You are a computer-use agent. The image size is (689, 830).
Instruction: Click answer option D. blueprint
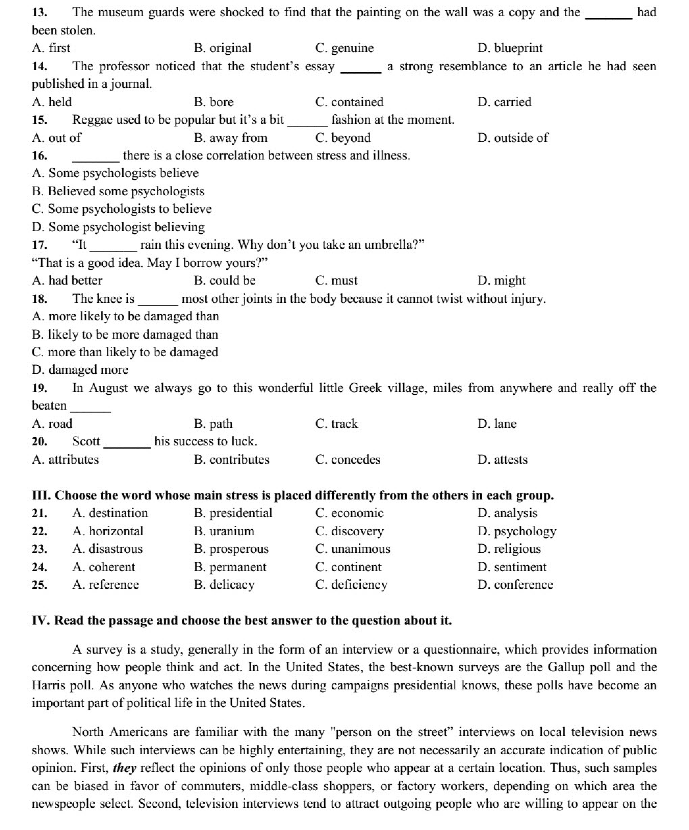pos(510,48)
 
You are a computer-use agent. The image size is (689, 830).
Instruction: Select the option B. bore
pos(213,102)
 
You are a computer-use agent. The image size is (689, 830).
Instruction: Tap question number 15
pos(40,120)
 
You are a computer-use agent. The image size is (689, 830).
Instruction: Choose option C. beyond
pos(342,138)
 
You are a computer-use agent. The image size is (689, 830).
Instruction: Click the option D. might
pos(501,280)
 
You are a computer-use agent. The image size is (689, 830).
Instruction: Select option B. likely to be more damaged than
pos(125,334)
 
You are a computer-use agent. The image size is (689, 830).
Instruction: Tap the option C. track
pos(336,424)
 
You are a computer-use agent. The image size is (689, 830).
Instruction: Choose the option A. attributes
pos(65,460)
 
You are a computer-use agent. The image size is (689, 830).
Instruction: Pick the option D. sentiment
pos(512,567)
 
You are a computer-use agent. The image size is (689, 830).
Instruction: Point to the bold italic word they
pos(124,768)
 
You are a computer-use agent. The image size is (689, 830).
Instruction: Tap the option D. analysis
pos(507,513)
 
